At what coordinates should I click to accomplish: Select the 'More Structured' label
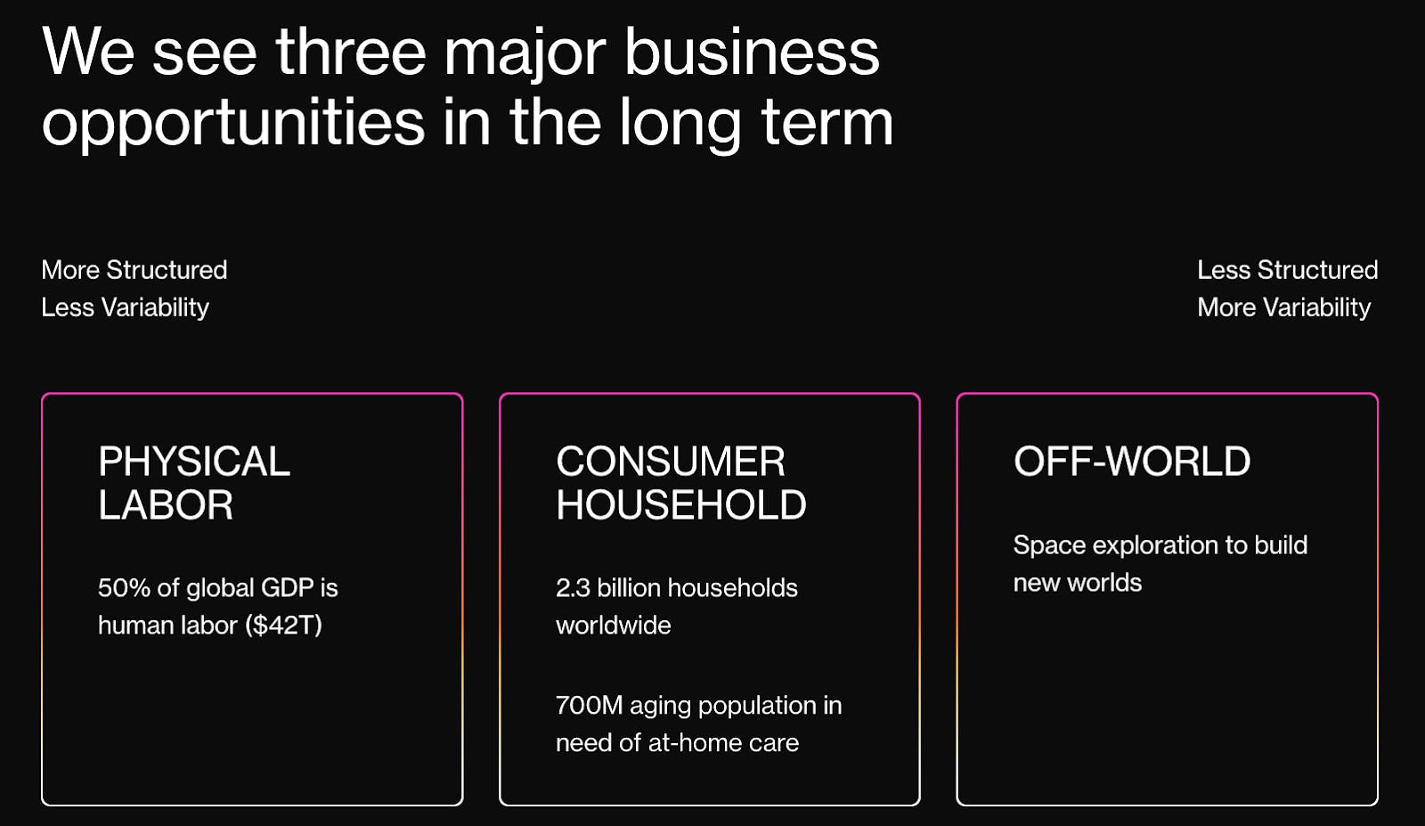click(x=134, y=270)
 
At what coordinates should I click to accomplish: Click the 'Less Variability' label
click(x=126, y=308)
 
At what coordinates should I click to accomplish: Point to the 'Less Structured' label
click(x=1288, y=270)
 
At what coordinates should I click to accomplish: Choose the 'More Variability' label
click(x=1283, y=308)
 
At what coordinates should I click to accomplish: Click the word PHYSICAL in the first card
click(x=194, y=461)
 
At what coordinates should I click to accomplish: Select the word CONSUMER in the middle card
click(x=671, y=461)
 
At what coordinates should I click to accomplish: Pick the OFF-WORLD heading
click(x=1132, y=461)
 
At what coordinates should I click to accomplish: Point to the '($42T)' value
click(x=284, y=626)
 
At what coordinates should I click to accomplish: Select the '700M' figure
click(x=589, y=705)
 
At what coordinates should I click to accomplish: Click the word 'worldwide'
click(x=614, y=626)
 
